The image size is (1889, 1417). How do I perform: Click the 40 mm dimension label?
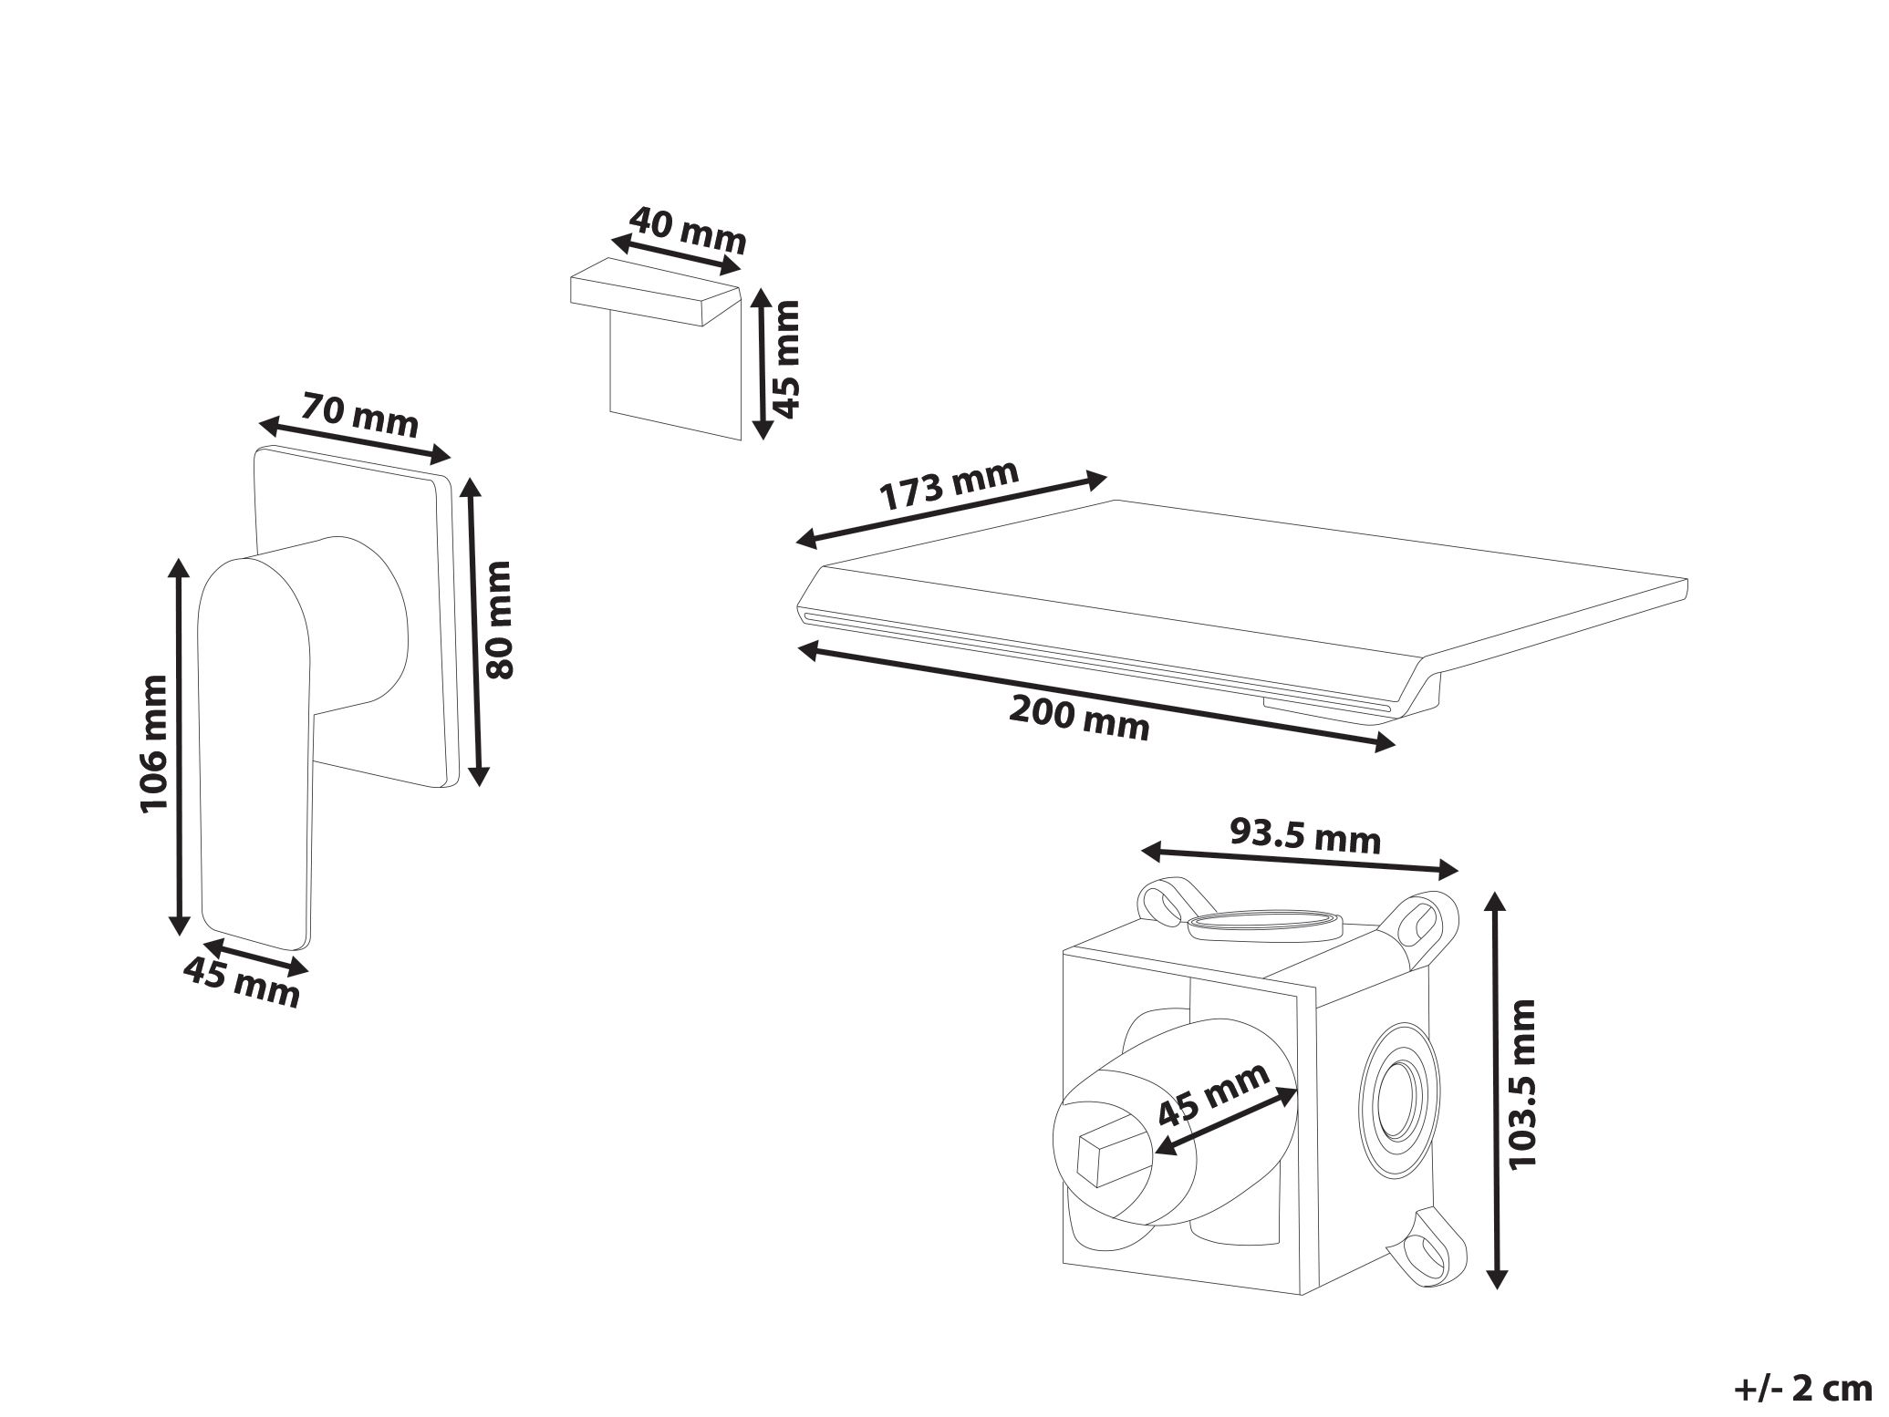click(688, 232)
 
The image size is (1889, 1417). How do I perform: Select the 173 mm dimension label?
click(950, 486)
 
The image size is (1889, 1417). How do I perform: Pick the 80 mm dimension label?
click(500, 620)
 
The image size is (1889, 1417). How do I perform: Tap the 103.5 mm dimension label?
click(1522, 1082)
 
